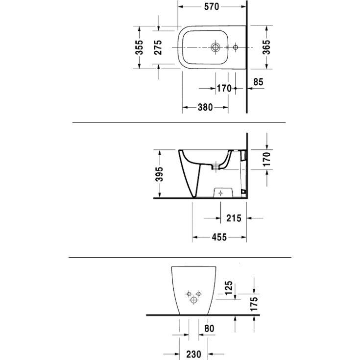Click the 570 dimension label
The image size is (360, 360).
click(x=212, y=7)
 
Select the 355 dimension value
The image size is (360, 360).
click(x=139, y=48)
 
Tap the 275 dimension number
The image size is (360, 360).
click(x=158, y=48)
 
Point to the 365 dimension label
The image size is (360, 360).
click(x=266, y=47)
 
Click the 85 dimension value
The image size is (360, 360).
click(x=258, y=82)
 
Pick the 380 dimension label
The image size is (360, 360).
click(x=205, y=107)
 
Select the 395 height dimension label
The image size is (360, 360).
click(x=159, y=174)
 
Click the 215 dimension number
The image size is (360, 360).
click(x=234, y=218)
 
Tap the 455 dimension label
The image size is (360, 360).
click(x=219, y=237)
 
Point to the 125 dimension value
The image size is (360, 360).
click(x=228, y=288)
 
